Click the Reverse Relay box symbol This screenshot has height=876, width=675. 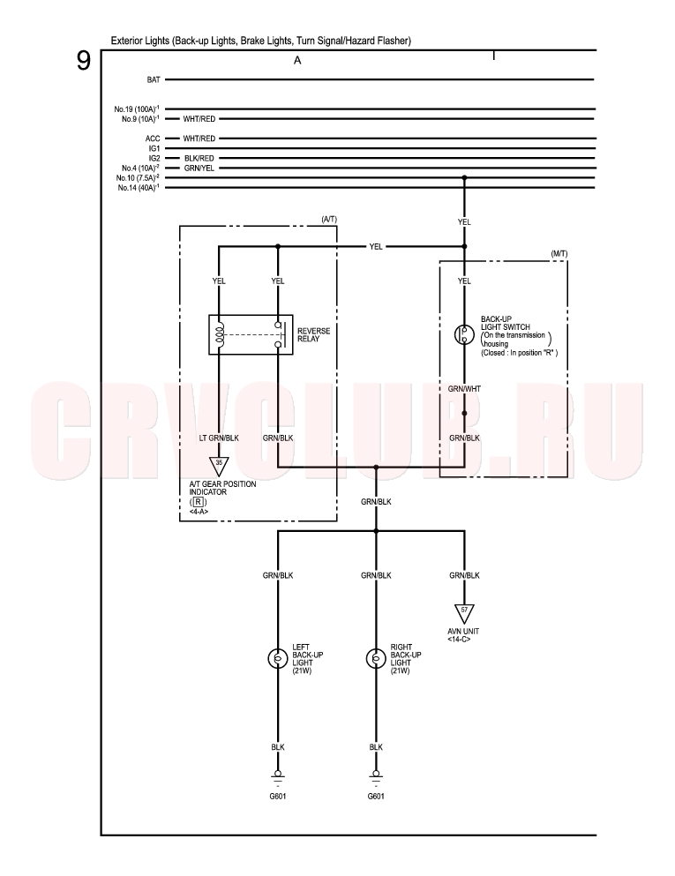251,334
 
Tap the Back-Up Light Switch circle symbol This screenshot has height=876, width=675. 464,334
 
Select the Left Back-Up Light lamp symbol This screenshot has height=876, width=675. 278,659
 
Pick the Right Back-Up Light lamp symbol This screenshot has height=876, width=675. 376,659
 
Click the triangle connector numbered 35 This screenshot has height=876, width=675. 219,466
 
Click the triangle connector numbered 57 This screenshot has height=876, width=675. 464,613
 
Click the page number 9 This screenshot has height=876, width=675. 83,60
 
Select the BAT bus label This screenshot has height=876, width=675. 154,80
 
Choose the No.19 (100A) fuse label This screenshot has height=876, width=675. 137,109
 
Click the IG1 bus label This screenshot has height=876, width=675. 154,148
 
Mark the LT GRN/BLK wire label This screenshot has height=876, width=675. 219,438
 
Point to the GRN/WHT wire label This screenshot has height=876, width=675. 464,389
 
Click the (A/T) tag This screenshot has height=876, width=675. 329,220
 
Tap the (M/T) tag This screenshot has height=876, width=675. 559,254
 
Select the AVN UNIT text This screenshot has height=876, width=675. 463,632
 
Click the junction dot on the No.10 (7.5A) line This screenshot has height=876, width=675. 464,178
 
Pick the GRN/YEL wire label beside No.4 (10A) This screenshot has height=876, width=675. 199,168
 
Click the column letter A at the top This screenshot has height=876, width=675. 297,60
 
